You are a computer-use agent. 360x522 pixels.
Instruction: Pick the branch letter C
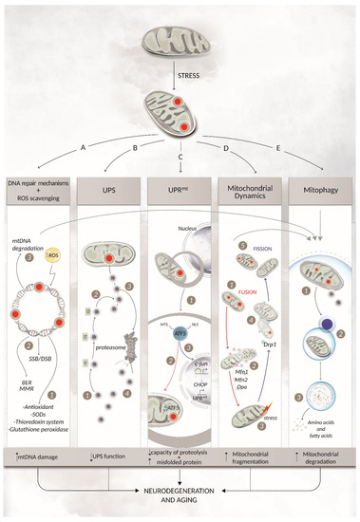(179, 155)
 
